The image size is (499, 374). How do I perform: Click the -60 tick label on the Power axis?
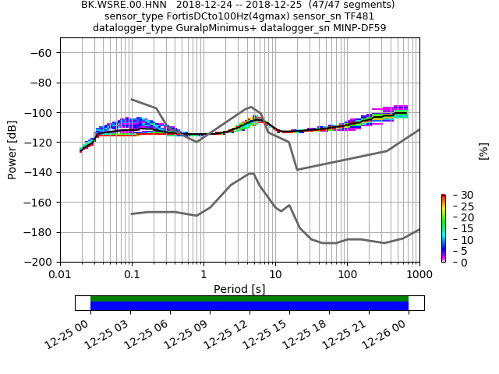(41, 53)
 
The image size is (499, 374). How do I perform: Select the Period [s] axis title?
(239, 289)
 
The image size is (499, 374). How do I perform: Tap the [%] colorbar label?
(483, 150)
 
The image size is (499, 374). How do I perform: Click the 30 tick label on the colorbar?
(457, 195)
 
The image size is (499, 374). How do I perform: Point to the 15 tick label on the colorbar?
(457, 228)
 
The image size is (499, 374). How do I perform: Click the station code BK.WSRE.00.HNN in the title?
(125, 5)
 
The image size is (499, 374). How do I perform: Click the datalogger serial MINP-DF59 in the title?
(359, 28)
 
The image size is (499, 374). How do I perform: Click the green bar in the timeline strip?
(249, 298)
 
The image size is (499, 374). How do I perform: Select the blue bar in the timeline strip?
(249, 306)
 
